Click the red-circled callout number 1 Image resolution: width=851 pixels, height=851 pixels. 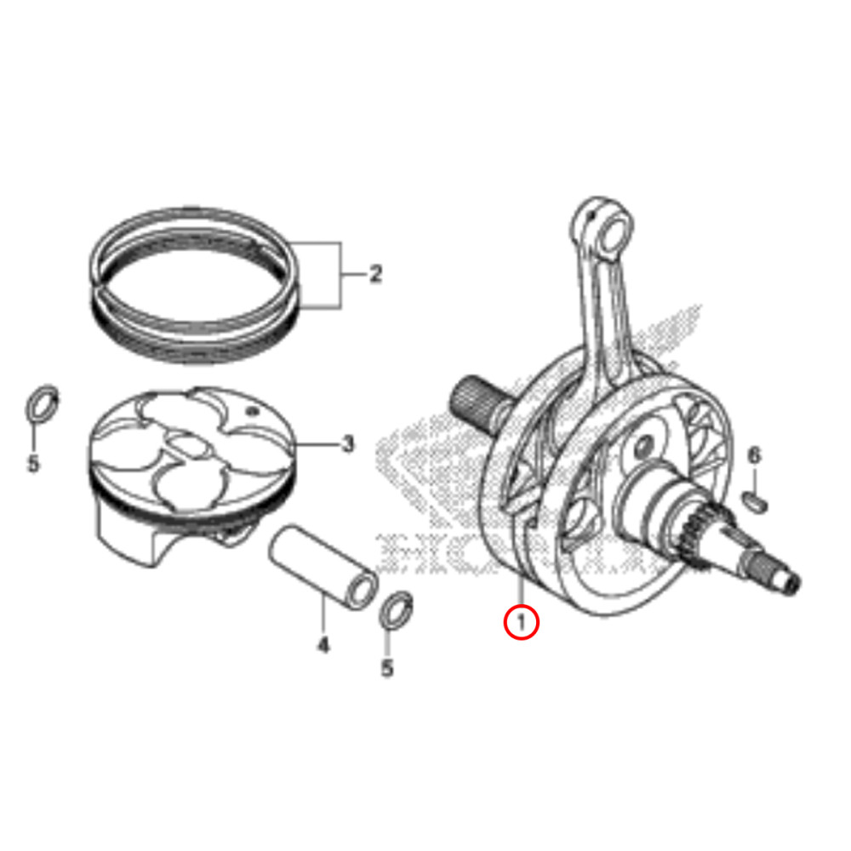click(x=521, y=621)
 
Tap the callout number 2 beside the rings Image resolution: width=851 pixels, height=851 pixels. click(x=375, y=275)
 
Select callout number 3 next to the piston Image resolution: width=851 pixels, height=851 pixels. click(x=347, y=443)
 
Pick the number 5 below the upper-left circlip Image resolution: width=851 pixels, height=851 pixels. click(x=33, y=465)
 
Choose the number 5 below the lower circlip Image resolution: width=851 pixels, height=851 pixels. click(x=387, y=669)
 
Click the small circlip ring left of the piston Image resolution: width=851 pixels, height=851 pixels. click(x=41, y=404)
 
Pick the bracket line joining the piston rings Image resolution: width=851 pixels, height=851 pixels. click(x=341, y=275)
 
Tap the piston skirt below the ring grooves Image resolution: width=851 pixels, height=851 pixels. click(x=128, y=536)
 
